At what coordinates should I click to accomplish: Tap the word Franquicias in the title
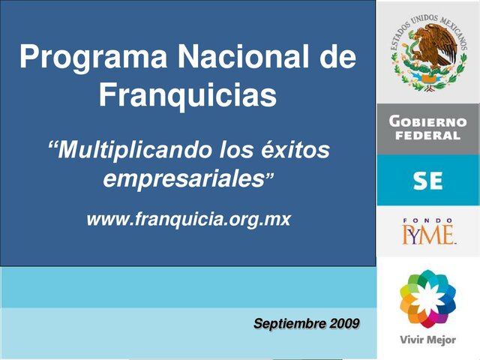(187, 95)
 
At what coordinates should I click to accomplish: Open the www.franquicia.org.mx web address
(188, 220)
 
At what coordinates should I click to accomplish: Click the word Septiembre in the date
(289, 324)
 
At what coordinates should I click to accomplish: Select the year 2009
(344, 324)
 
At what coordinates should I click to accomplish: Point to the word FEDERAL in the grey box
(427, 136)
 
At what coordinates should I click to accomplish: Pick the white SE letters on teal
(427, 181)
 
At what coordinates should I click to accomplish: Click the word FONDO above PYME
(427, 221)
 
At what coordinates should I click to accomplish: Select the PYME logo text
(427, 236)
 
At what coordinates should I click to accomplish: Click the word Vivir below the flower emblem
(412, 340)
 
